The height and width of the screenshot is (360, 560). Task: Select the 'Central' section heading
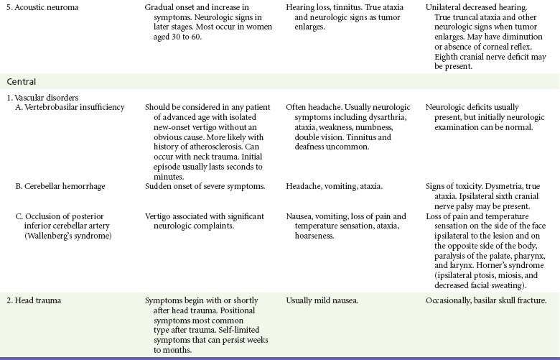pos(22,82)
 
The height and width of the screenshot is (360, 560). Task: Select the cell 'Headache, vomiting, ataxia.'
pos(334,186)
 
